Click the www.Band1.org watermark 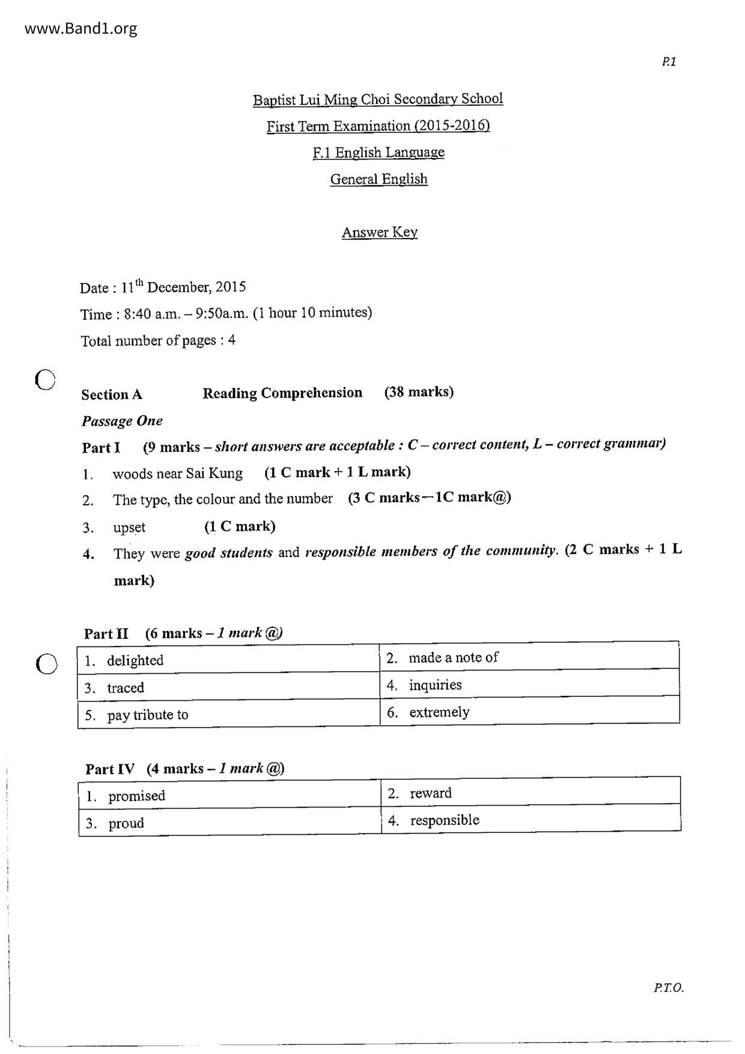click(x=81, y=29)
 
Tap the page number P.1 click(x=669, y=61)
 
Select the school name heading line click(x=378, y=99)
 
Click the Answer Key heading click(x=379, y=233)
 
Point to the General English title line click(x=379, y=179)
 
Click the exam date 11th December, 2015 click(x=183, y=287)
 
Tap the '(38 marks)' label click(x=419, y=392)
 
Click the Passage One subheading click(x=122, y=421)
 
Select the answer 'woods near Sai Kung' click(x=177, y=474)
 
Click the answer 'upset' click(x=129, y=528)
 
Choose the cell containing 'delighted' click(x=228, y=660)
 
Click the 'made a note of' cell click(x=529, y=657)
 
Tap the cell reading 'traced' click(x=228, y=687)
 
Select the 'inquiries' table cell click(x=529, y=685)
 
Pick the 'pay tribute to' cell click(x=228, y=714)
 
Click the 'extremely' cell click(x=529, y=712)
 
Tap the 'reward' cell click(x=530, y=793)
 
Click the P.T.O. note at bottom click(x=668, y=988)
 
